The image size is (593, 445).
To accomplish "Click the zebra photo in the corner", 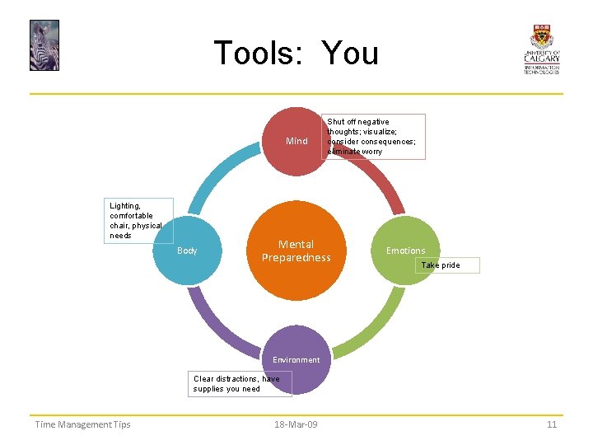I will tap(44, 45).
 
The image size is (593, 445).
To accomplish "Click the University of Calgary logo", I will tap(541, 49).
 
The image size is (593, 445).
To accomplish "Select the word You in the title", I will tap(350, 54).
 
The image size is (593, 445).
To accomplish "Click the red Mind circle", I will tap(296, 141).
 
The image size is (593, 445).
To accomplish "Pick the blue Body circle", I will tap(189, 251).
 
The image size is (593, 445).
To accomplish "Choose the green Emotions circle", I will tap(405, 251).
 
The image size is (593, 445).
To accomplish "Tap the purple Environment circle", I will tap(296, 360).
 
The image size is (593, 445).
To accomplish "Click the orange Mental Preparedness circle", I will tap(296, 251).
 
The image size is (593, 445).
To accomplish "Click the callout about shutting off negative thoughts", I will tap(376, 136).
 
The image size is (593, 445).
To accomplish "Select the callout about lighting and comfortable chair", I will tap(141, 220).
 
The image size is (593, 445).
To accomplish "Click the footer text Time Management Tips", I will tap(82, 424).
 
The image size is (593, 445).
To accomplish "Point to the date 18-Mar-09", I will tap(296, 424).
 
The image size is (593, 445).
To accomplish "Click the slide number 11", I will tap(552, 424).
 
